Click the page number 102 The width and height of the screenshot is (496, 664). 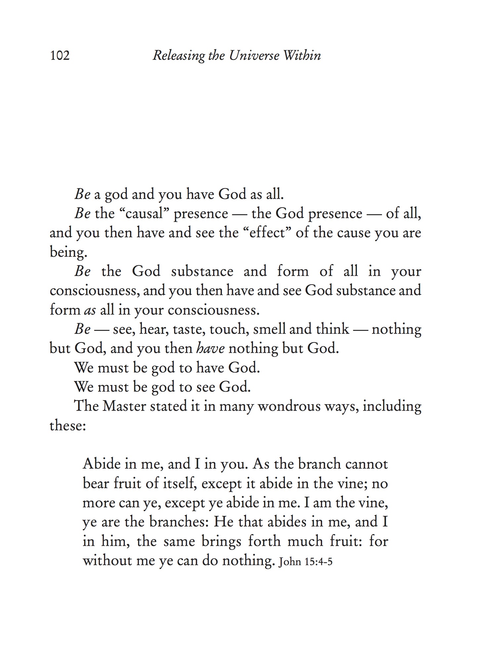[x=60, y=56]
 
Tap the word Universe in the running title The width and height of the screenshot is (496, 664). [x=254, y=56]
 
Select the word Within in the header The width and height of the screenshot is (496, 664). [x=302, y=56]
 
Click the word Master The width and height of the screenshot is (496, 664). [x=124, y=406]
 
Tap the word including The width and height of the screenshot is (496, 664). [x=392, y=406]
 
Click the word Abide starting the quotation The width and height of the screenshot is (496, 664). [x=102, y=464]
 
